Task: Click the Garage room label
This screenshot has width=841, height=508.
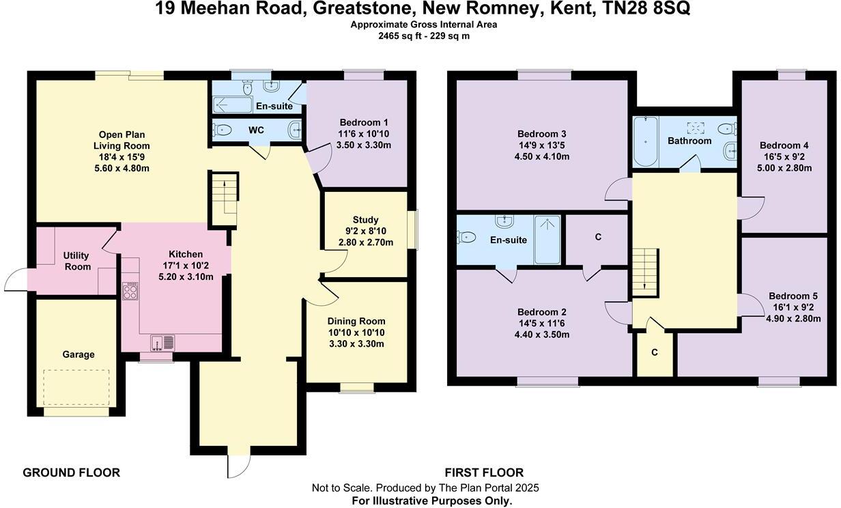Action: (79, 354)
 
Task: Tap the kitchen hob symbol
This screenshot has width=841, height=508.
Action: (130, 292)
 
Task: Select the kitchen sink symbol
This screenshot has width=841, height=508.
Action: (162, 341)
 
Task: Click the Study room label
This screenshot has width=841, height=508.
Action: (365, 220)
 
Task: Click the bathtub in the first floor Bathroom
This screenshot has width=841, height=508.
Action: (644, 142)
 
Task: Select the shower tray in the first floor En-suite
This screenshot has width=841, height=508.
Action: (547, 240)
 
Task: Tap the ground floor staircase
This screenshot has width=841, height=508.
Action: (222, 199)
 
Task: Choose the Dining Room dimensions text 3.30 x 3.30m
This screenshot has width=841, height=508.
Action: (356, 344)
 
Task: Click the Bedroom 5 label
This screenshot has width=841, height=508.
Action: (793, 296)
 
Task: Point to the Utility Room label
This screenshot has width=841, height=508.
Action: (77, 261)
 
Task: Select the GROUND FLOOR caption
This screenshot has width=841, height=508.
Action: (71, 472)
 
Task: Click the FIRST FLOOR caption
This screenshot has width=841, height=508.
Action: (484, 472)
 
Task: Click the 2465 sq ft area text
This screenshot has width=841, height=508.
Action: (403, 36)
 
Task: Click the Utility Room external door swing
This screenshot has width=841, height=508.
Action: (17, 279)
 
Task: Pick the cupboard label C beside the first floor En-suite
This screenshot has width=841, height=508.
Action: (598, 237)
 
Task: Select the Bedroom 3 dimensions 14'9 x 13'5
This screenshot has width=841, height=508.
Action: (543, 145)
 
